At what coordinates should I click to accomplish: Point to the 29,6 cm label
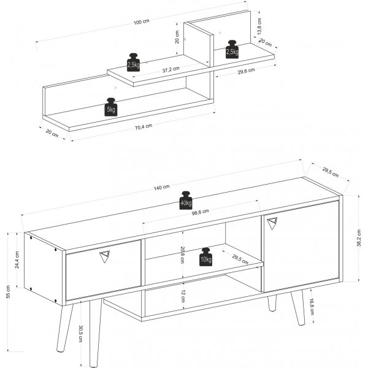[x=247, y=72]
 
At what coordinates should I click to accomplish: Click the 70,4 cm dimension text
[x=143, y=126]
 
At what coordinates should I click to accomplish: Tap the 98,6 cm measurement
[x=200, y=212]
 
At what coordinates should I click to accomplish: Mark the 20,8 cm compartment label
[x=182, y=254]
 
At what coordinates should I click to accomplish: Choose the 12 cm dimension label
[x=182, y=296]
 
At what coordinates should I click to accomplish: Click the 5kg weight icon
[x=112, y=107]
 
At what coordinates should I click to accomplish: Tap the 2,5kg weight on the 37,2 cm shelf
[x=133, y=62]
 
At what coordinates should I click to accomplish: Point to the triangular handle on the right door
[x=272, y=224]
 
